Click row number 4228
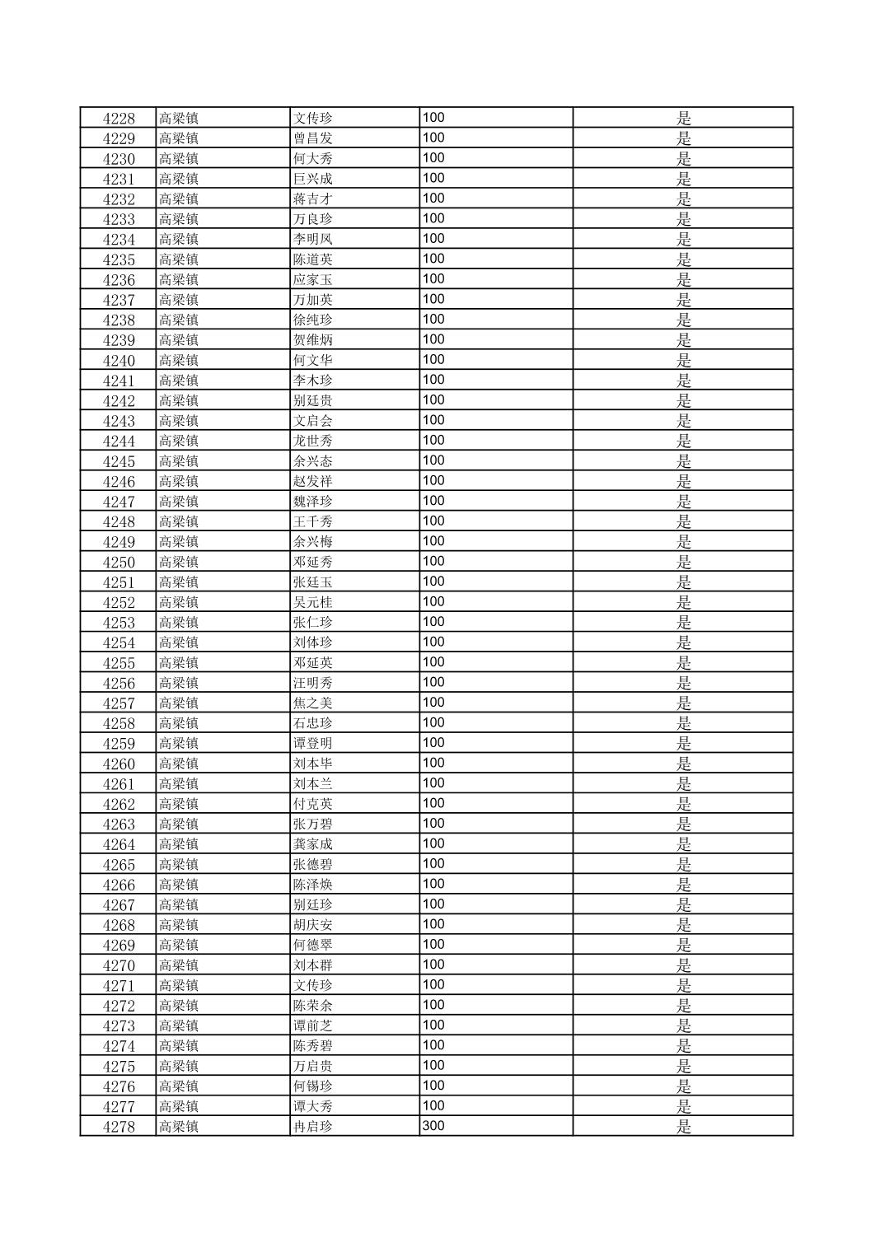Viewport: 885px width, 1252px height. coord(119,118)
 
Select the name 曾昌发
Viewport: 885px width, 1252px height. coord(313,138)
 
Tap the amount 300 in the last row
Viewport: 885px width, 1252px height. coord(433,1125)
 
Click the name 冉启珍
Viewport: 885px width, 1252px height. coord(313,1127)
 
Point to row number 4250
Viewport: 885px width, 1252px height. coord(119,562)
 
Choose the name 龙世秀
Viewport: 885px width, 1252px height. coord(313,441)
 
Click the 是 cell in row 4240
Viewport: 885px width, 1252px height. coord(683,360)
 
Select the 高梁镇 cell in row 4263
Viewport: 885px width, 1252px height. coord(179,825)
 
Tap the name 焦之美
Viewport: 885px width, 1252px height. coord(313,703)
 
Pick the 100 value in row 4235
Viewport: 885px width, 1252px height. coord(433,259)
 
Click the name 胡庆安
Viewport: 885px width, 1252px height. coord(313,925)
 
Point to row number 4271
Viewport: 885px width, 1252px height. coord(119,986)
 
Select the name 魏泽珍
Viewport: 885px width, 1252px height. coord(313,502)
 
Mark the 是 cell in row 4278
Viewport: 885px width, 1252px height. coord(683,1127)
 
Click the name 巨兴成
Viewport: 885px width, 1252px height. coord(313,179)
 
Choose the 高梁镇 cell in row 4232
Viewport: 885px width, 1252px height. coord(179,199)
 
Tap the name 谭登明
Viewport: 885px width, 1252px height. coord(313,744)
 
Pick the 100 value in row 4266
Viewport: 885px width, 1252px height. coord(433,884)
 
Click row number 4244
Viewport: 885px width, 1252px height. coord(119,441)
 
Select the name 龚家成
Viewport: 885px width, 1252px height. coord(313,844)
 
